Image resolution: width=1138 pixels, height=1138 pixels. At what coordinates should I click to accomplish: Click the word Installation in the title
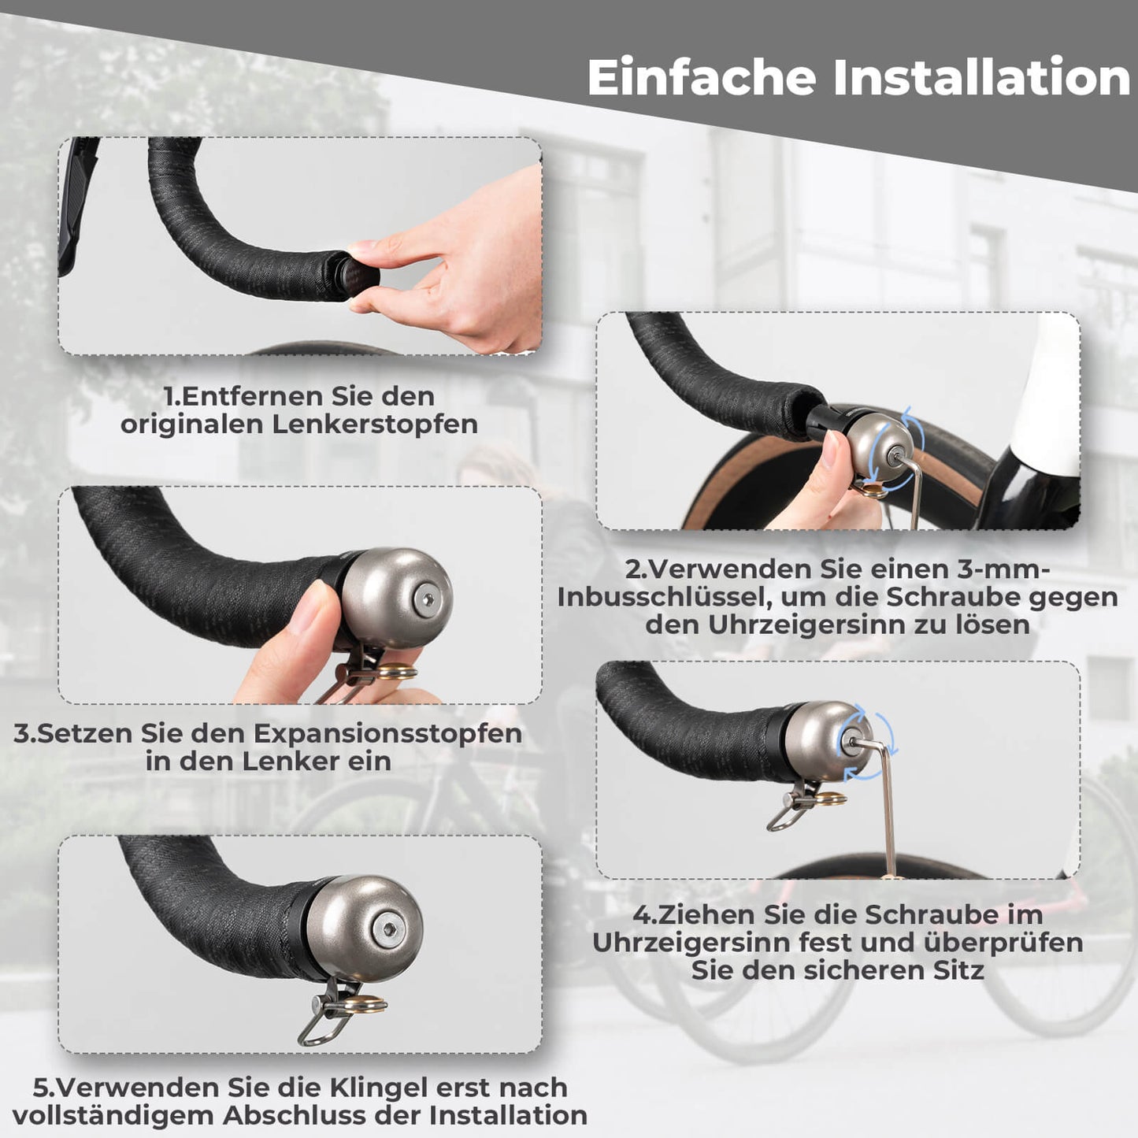[x=981, y=78]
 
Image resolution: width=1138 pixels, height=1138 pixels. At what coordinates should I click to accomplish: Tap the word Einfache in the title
[x=702, y=78]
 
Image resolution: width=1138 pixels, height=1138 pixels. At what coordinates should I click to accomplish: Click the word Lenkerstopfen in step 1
[x=375, y=424]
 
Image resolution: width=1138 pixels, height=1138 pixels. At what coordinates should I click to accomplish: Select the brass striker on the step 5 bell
[x=369, y=1004]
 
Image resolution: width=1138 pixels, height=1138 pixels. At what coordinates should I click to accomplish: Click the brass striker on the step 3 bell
[x=398, y=672]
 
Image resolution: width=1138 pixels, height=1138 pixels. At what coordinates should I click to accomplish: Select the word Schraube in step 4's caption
[x=923, y=914]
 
